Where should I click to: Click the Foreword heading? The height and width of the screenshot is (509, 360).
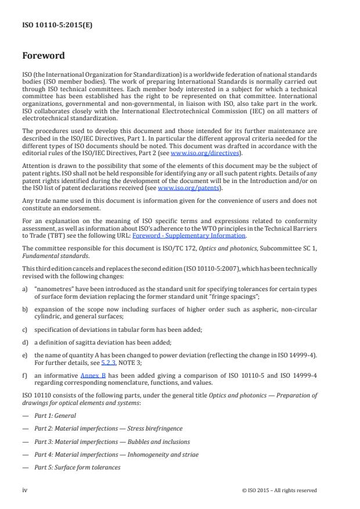(x=44, y=56)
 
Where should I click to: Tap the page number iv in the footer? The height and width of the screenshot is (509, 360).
(x=24, y=490)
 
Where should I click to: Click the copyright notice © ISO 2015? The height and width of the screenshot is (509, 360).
(x=279, y=490)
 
